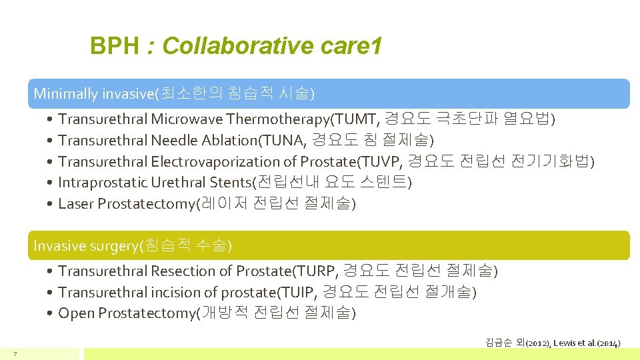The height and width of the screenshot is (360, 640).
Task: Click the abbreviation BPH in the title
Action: pyautogui.click(x=115, y=47)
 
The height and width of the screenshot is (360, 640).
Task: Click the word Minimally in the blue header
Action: pyautogui.click(x=65, y=93)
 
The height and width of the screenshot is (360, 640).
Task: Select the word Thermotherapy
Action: pyautogui.click(x=279, y=119)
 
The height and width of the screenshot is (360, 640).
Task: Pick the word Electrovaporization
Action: pyautogui.click(x=217, y=162)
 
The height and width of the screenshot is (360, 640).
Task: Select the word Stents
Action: pyautogui.click(x=232, y=183)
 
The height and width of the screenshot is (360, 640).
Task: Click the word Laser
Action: pyautogui.click(x=76, y=204)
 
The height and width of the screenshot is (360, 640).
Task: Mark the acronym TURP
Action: pyautogui.click(x=318, y=271)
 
